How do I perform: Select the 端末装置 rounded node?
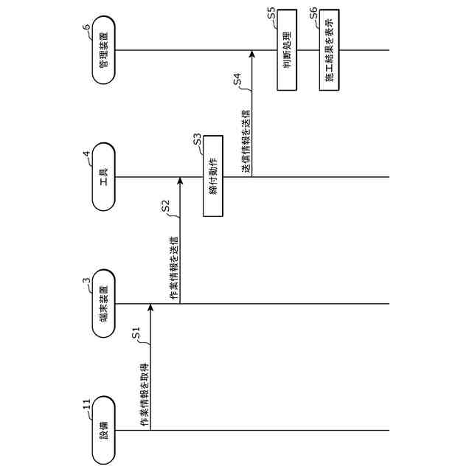(x=104, y=305)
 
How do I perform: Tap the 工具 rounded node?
(x=104, y=178)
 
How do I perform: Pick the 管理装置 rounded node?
(x=104, y=51)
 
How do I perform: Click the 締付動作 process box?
(x=212, y=176)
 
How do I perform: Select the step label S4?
(x=237, y=80)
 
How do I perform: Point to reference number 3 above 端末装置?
(x=87, y=281)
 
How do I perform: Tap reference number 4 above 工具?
(x=87, y=155)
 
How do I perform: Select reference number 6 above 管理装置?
(x=87, y=27)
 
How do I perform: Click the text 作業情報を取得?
(x=145, y=395)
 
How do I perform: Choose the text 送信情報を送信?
(x=246, y=142)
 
